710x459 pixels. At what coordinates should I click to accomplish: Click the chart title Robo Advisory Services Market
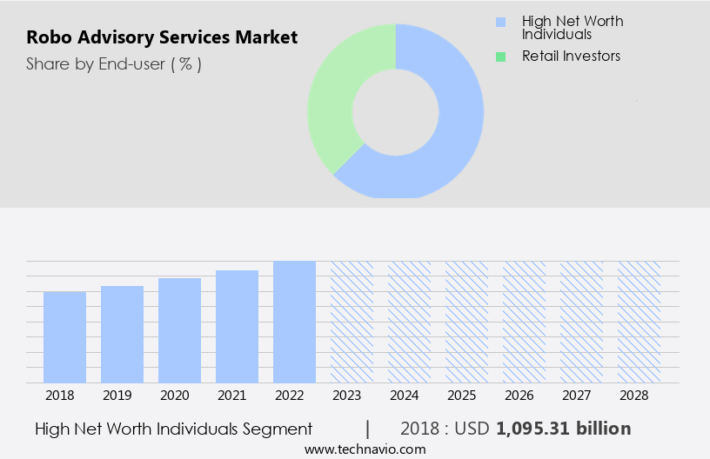click(162, 37)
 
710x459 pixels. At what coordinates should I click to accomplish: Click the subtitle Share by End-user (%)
click(114, 63)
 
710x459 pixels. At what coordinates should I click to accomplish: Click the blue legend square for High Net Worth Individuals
click(499, 22)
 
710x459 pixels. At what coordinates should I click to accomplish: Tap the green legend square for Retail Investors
click(499, 57)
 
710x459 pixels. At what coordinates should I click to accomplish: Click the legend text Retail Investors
click(571, 57)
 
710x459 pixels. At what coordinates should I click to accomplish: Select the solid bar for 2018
click(65, 336)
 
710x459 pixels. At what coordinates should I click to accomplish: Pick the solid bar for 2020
click(180, 330)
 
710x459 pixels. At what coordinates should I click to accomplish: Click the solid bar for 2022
click(294, 322)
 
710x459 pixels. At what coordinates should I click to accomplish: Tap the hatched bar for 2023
click(352, 322)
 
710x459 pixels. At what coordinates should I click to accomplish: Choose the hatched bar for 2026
click(524, 322)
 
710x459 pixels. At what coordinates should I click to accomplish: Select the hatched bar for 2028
click(639, 322)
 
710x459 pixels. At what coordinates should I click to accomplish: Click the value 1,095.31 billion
click(563, 429)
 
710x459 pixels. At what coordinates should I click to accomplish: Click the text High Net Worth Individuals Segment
click(173, 429)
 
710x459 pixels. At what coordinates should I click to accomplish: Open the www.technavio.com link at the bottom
click(365, 449)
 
